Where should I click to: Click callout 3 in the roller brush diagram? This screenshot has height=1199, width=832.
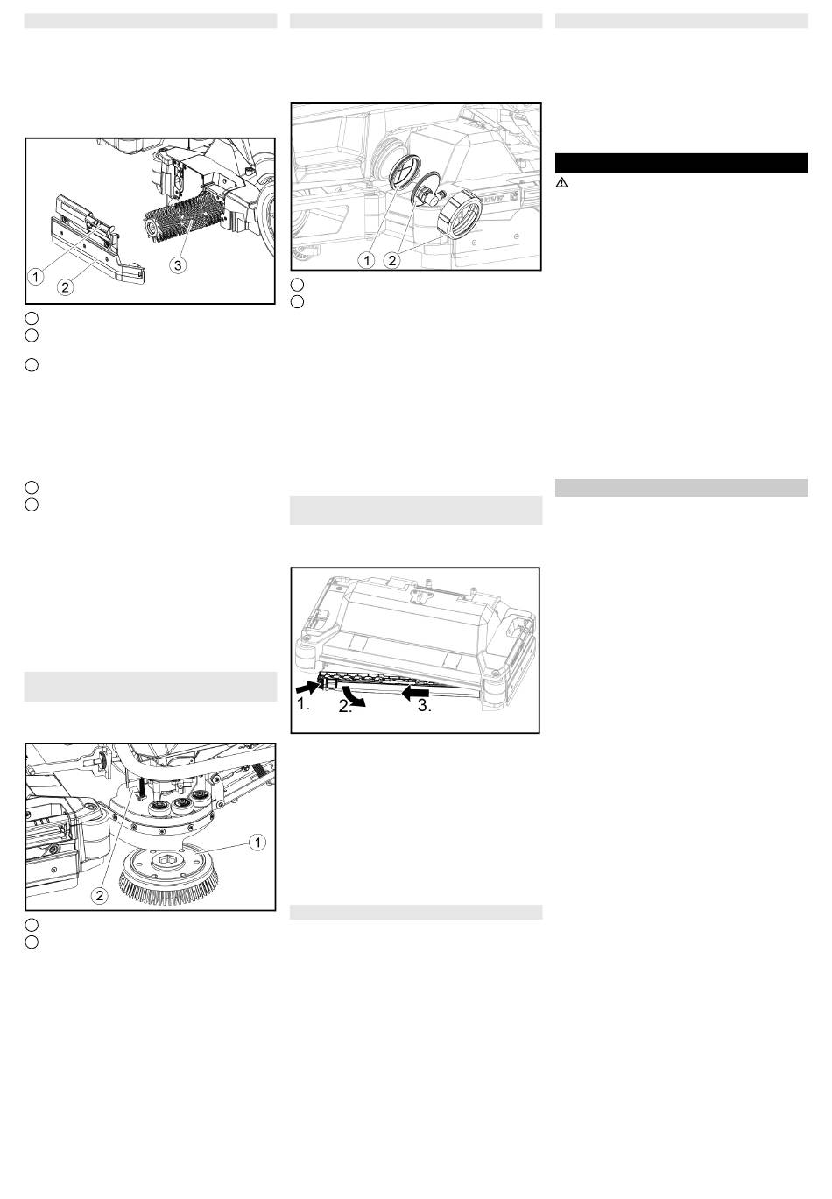click(178, 265)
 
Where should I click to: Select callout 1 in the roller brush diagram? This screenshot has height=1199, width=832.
click(36, 277)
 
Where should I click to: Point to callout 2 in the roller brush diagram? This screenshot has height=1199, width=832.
click(66, 287)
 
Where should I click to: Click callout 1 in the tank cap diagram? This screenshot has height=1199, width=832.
click(367, 261)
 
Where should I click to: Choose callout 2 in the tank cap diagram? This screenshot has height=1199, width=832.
click(392, 261)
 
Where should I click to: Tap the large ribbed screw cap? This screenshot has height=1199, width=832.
click(459, 213)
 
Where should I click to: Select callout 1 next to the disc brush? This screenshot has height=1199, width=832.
click(257, 842)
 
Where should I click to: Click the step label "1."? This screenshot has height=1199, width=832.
click(303, 704)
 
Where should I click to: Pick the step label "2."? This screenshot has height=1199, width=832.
click(345, 707)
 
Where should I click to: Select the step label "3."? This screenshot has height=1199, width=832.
click(424, 706)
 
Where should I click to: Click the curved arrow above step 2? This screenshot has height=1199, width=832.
click(355, 695)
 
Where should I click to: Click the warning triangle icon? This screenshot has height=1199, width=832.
click(561, 182)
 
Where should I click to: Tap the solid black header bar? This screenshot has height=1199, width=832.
click(681, 163)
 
